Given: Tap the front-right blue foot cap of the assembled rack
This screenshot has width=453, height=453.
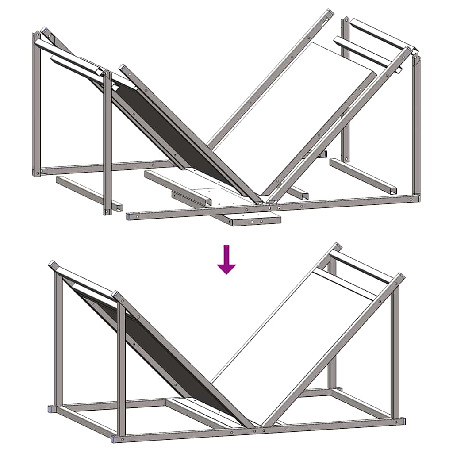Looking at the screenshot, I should tap(402, 420).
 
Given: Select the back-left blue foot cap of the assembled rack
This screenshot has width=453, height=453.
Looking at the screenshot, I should tap(52, 409).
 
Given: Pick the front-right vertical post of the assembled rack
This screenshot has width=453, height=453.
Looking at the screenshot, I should tap(395, 354).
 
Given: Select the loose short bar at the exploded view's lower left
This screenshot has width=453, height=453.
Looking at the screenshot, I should tap(88, 192).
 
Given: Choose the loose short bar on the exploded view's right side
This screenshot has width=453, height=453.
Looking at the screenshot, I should tap(363, 176).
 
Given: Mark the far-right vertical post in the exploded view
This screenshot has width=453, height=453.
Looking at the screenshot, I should tap(416, 124).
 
